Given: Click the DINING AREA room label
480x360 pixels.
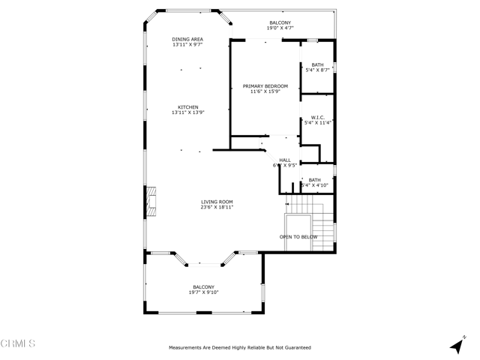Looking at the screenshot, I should pos(187,39).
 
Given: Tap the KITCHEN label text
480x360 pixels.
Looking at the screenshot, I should pos(187,106).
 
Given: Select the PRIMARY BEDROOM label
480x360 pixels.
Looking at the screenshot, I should pos(265,86).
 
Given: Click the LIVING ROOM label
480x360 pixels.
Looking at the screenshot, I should pos(217,201).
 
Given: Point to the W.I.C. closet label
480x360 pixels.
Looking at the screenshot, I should pos(316,117).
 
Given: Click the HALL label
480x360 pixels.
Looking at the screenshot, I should pos(285,160).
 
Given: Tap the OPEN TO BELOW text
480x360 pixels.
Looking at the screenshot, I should pos(298,237).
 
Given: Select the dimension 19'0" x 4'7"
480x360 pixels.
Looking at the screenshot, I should pos(281,28).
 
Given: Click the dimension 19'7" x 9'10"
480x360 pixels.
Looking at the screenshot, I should pos(203,292).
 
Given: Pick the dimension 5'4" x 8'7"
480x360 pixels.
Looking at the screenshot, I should pos(316,70).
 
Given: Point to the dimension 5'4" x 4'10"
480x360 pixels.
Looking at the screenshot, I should pos(315,185).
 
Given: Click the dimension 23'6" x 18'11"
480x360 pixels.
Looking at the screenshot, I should pos(217,207).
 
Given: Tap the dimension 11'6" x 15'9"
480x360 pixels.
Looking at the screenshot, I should pos(265,92).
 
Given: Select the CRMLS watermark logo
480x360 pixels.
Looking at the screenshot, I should pos(19,343).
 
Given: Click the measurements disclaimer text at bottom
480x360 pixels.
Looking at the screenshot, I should pos(240,347).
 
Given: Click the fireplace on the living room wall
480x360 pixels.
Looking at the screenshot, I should pos(151,202).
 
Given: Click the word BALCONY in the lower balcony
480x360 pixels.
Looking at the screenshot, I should pos(203,286).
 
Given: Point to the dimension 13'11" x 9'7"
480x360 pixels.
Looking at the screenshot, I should pos(187,45).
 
